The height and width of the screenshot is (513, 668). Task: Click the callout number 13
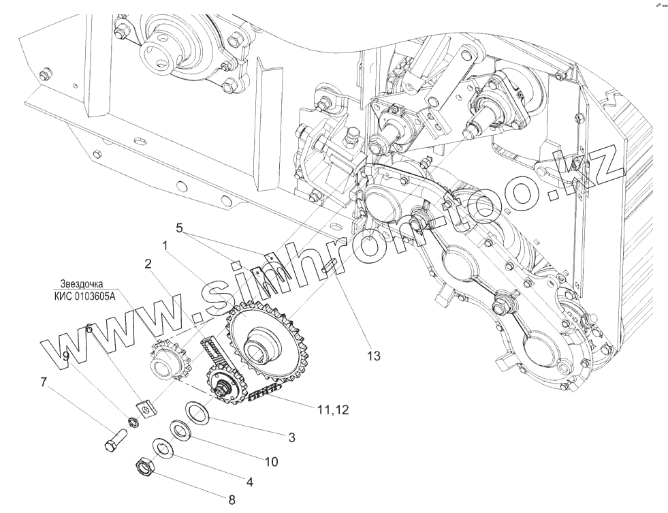point(375,355)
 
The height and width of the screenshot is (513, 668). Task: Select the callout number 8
point(232,501)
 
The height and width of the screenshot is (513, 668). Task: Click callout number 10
point(271,461)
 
